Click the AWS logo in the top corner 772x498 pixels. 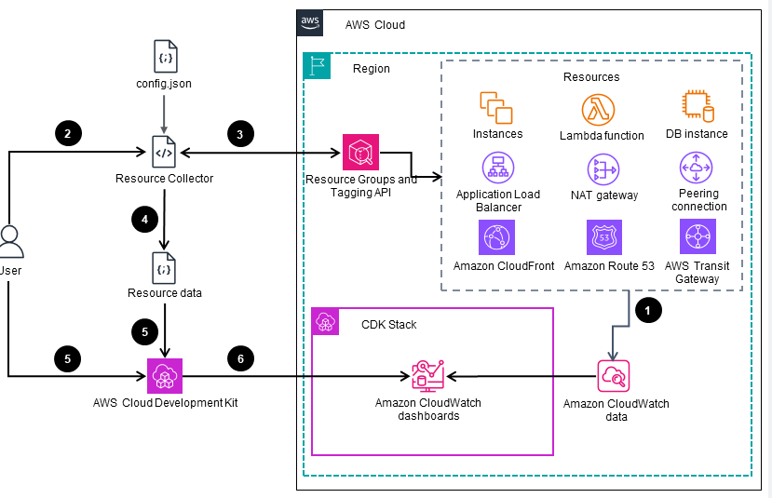tap(310, 22)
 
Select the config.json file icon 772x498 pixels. tap(165, 57)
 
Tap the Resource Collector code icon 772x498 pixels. tap(164, 152)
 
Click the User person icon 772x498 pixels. tap(11, 241)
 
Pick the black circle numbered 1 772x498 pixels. tap(646, 311)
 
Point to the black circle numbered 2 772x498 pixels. tap(68, 134)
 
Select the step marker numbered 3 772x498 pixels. tap(240, 134)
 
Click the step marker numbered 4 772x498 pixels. tap(144, 220)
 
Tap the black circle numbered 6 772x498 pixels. tap(240, 357)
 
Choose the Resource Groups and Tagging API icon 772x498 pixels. tap(360, 152)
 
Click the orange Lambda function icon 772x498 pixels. tap(601, 110)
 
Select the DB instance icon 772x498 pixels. tap(697, 108)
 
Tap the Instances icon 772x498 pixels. tap(496, 108)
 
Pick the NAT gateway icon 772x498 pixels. tap(602, 169)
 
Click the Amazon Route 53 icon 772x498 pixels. tap(602, 237)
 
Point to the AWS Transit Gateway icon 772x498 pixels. tap(697, 236)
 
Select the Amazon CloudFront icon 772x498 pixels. tap(496, 237)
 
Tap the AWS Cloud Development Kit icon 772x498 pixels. tap(164, 376)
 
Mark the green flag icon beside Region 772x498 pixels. tap(318, 66)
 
